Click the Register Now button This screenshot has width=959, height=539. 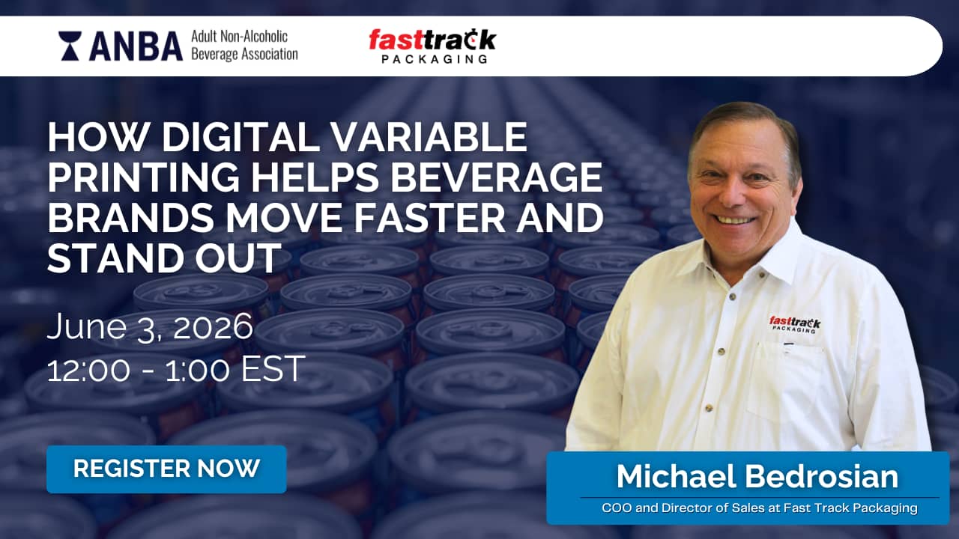166,469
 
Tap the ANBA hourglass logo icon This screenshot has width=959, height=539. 70,46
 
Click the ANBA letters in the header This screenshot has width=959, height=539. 136,46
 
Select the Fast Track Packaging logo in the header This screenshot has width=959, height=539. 432,46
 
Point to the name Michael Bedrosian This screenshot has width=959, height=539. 757,476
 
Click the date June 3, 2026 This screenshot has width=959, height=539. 150,327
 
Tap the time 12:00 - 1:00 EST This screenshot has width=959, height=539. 176,369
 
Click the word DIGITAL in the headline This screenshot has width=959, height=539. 240,137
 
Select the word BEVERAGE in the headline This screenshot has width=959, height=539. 497,177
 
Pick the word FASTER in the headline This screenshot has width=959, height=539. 430,217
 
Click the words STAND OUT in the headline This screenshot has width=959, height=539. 164,258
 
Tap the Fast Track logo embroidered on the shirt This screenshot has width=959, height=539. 795,324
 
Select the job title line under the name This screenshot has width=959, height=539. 760,508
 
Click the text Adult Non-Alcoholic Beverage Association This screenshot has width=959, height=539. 244,46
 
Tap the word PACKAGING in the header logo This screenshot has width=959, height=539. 434,58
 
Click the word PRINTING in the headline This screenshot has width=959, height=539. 143,177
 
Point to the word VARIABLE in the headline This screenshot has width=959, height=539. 429,137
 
